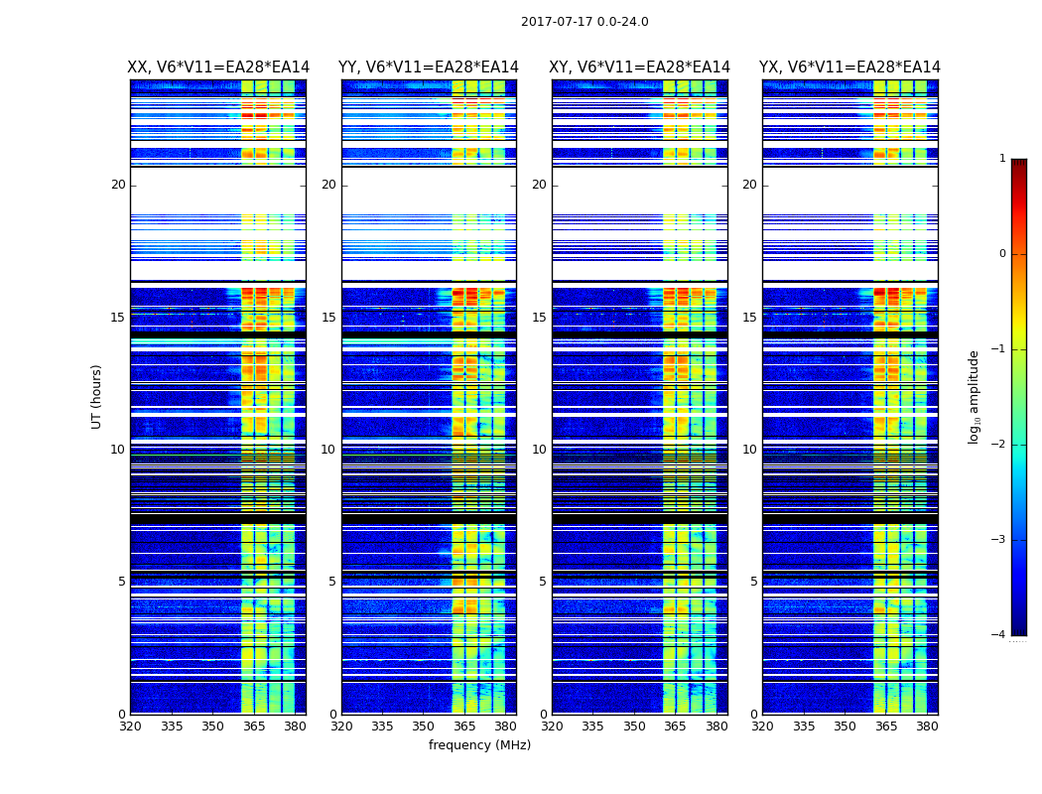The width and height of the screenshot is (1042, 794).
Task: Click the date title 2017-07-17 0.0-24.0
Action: (585, 22)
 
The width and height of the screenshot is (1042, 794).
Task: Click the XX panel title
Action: (218, 67)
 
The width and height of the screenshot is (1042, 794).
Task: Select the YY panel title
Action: (429, 67)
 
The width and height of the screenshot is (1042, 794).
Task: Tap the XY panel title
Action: (640, 67)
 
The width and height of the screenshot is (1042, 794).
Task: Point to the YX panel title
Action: (849, 67)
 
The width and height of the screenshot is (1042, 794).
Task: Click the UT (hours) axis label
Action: (97, 396)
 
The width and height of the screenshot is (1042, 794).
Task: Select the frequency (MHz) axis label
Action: (479, 745)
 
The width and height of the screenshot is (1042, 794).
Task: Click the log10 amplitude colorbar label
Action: (975, 396)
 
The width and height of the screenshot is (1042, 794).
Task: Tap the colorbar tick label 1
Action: (1002, 159)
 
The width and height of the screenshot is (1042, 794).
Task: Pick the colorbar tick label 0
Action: (1002, 254)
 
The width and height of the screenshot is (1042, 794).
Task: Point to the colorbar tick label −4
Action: (999, 635)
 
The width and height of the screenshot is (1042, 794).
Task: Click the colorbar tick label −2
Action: (999, 445)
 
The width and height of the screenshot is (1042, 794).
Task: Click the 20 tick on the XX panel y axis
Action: (118, 185)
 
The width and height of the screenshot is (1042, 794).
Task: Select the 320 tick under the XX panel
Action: (131, 727)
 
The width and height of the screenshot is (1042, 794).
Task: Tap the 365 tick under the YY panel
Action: (464, 727)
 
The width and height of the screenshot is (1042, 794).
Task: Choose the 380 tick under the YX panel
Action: (927, 727)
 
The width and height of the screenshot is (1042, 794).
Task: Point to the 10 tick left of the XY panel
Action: (539, 450)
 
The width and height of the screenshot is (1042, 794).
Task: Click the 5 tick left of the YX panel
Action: (753, 582)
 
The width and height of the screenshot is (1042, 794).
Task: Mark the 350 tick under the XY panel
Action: (634, 727)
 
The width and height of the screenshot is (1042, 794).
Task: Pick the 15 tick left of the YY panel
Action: (328, 318)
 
